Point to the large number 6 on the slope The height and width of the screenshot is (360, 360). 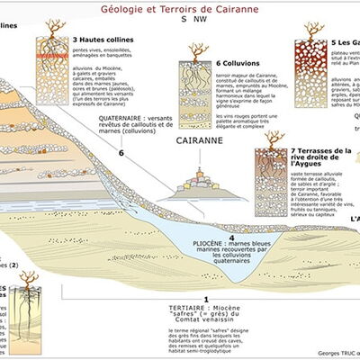click(120, 154)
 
